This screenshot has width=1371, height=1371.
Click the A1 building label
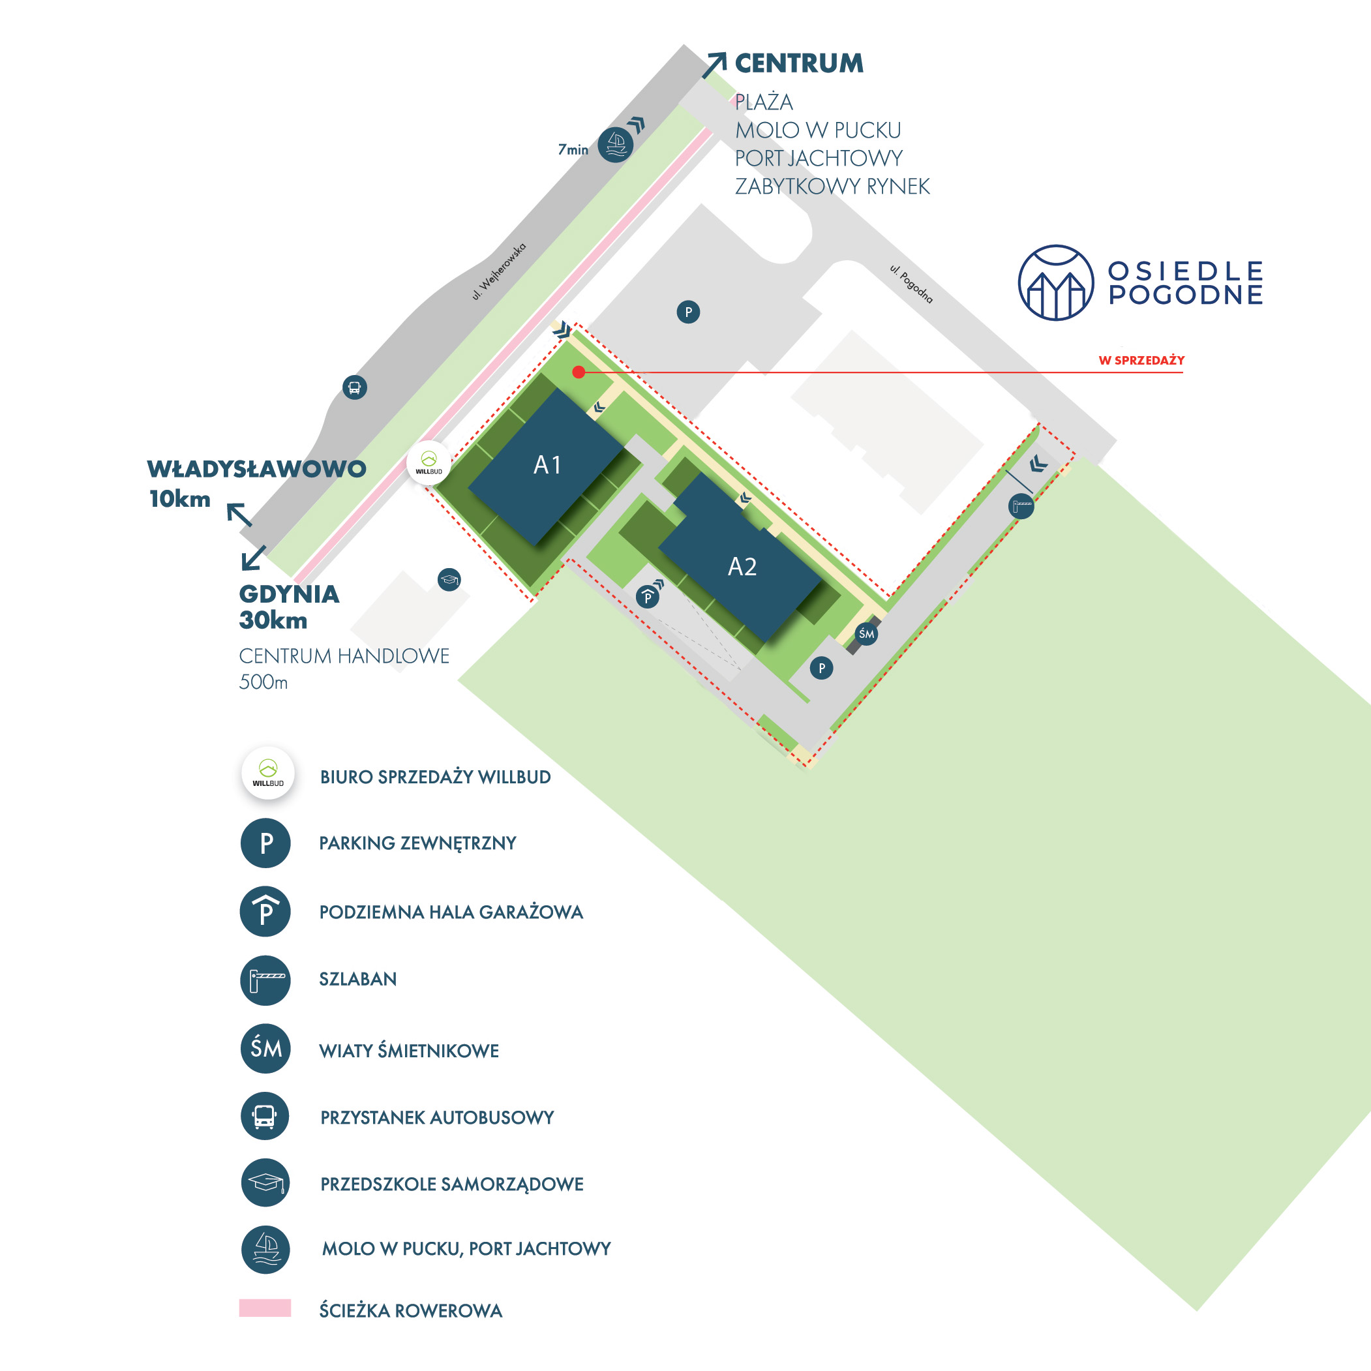click(547, 465)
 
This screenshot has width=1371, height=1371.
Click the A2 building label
click(742, 566)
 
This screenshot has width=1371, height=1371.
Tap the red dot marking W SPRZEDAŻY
click(579, 372)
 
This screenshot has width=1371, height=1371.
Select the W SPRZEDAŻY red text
click(1141, 361)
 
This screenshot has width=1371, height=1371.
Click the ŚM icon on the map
click(866, 634)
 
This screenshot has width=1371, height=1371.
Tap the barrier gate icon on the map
click(1021, 506)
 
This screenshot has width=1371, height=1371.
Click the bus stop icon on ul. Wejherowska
click(355, 387)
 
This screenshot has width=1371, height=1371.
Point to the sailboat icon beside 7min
click(615, 145)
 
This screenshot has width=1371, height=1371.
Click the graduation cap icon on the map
click(449, 580)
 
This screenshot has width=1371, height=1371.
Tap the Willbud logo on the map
click(429, 462)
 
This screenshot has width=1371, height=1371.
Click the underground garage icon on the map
click(648, 597)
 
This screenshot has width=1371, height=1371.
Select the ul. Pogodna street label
click(911, 284)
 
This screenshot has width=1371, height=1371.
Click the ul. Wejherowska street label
click(499, 272)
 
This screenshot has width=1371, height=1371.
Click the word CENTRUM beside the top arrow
click(799, 63)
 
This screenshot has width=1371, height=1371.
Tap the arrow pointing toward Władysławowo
click(239, 515)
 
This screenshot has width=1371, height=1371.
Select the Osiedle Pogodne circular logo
click(1055, 282)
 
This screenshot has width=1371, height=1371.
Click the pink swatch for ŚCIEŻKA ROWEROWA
click(265, 1308)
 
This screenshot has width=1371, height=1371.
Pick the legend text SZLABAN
click(357, 979)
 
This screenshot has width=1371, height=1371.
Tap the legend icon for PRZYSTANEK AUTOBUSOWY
click(265, 1116)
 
